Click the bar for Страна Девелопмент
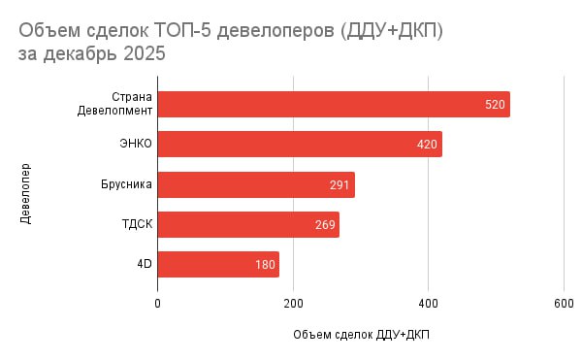(334, 104)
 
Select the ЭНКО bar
(300, 144)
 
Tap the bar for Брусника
(256, 184)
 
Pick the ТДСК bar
(248, 224)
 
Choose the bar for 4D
(218, 264)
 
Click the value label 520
(495, 105)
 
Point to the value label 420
(427, 145)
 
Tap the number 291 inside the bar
(339, 184)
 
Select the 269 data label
(325, 225)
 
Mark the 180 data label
(265, 265)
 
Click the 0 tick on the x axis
(158, 304)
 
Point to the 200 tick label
(293, 304)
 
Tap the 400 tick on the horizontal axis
(429, 304)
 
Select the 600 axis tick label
(564, 304)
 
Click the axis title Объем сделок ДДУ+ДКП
(361, 335)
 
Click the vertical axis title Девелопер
(25, 194)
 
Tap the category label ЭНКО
(136, 144)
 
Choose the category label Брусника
(126, 184)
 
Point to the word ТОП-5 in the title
(182, 30)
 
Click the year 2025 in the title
(144, 53)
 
